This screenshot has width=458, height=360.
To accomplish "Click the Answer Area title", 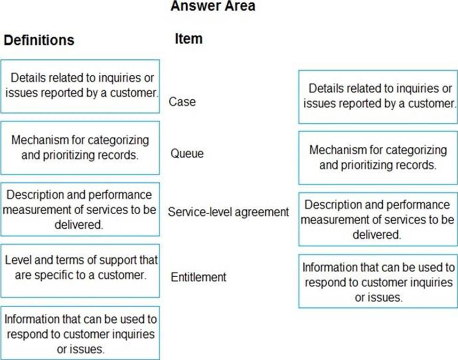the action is (x=213, y=6).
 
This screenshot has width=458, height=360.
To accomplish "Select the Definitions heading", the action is (x=39, y=40).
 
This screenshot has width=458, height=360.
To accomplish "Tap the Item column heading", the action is (x=189, y=39).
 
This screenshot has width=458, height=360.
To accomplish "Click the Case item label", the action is (x=182, y=102).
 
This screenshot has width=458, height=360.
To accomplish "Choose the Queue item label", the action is (x=187, y=153).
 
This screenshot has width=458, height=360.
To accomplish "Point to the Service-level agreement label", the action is (x=229, y=212).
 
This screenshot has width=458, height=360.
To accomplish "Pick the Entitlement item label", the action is (x=198, y=277).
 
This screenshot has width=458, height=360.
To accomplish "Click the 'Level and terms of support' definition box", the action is (x=80, y=271).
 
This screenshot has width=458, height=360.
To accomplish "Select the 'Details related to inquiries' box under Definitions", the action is (x=80, y=87).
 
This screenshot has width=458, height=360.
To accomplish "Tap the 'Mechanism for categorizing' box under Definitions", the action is (x=80, y=148).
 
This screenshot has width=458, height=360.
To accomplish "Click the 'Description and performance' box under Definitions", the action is (x=80, y=209).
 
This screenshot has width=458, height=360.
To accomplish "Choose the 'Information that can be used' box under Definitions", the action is (x=80, y=333).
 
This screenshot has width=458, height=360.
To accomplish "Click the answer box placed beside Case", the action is (x=378, y=97).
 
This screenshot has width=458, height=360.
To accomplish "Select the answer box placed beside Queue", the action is (x=378, y=158).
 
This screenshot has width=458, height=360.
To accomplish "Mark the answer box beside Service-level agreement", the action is (x=378, y=219).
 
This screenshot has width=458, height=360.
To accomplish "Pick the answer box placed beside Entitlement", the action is (x=378, y=281).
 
